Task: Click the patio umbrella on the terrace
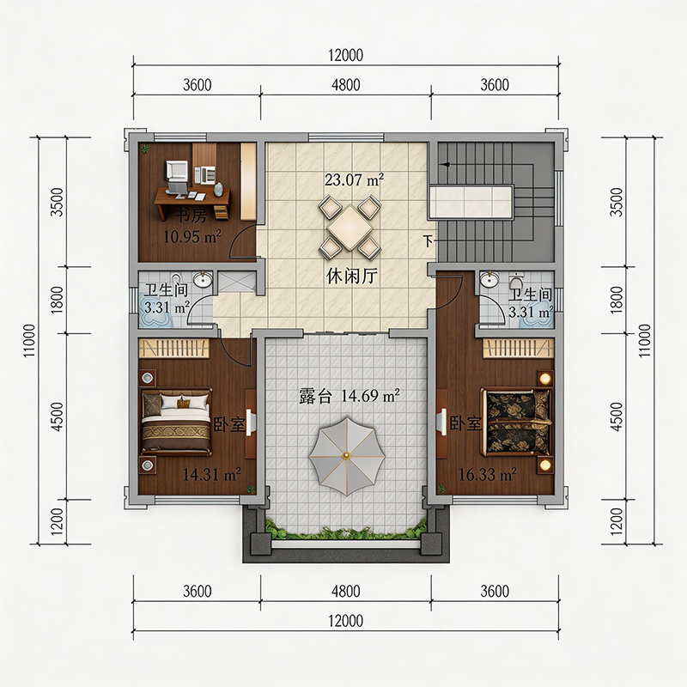point(347,457)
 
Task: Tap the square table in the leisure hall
point(350,228)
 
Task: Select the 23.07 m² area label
point(354,179)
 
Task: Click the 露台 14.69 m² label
point(350,396)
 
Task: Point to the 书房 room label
point(191,216)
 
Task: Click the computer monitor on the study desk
point(177,172)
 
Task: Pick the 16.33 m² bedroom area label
point(487,474)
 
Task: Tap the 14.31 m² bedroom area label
point(211,474)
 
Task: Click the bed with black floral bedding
point(516,421)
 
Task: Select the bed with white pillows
point(176,422)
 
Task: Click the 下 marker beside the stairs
point(428,240)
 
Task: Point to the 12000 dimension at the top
point(346,55)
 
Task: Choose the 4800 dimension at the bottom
point(346,591)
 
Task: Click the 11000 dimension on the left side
point(29,340)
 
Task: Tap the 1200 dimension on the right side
point(616,521)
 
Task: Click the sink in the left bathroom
point(203,280)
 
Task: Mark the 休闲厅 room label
point(352,276)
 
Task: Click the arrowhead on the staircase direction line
point(445,165)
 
